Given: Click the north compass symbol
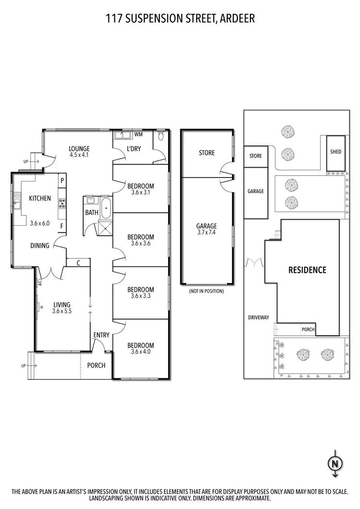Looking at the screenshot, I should point(335,464).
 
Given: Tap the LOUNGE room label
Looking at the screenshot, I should point(79,148).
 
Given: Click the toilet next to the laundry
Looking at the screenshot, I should point(161,136).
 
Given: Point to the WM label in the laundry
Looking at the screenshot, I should point(138,134).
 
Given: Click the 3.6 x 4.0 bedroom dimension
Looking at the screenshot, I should point(140,352).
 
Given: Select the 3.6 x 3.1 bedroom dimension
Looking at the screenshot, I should point(140,193).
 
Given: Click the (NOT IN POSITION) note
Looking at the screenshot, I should point(206,291).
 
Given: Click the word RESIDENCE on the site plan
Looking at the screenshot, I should point(307,270).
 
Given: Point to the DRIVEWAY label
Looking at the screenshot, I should point(259,317).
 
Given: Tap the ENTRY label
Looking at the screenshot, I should point(101,335).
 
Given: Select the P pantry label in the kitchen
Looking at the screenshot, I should point(62,181).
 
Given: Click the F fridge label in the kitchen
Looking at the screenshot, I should point(62,226).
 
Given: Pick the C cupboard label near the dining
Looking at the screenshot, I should point(78,263).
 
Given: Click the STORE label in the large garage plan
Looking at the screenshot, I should point(206,153).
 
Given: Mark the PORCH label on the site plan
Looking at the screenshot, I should point(308,330).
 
